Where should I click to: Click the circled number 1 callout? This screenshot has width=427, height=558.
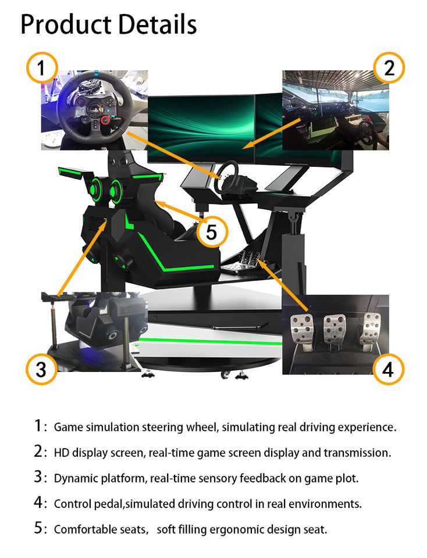coord(42,67)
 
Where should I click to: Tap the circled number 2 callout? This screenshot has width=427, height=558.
coord(389,67)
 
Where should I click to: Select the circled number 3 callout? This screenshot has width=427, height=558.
coord(42,369)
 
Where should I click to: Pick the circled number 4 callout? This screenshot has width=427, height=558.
coord(388,369)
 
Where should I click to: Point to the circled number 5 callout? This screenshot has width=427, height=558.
coord(212,232)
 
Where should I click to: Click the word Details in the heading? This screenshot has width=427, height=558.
coord(157,24)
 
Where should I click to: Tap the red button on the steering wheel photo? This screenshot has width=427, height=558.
coord(105,120)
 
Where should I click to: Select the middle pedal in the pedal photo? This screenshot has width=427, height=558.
coord(335,329)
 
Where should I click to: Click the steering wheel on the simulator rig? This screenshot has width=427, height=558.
coord(225,177)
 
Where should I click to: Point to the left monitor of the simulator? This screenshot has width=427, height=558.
coord(201,128)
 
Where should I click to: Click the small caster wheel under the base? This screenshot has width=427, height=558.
coord(225,374)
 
